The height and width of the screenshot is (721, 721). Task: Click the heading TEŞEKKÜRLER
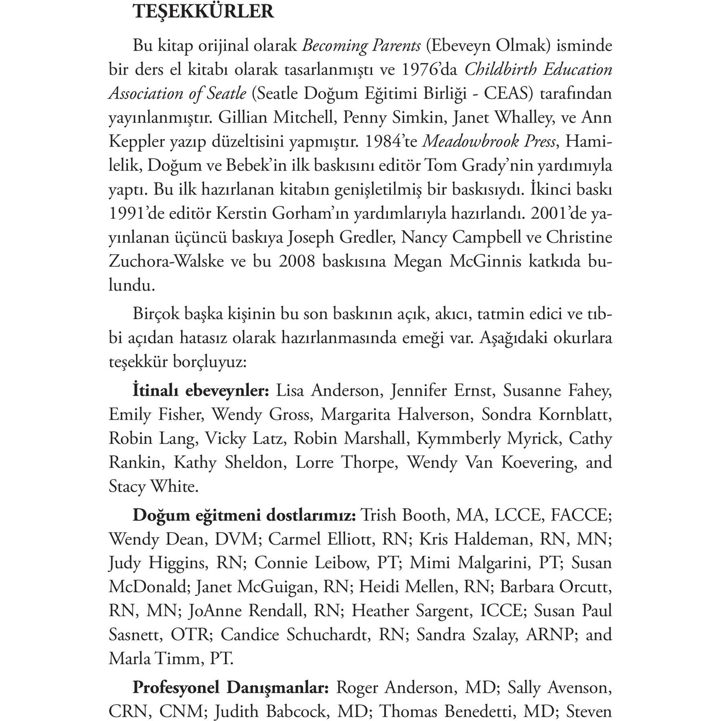(203, 12)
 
